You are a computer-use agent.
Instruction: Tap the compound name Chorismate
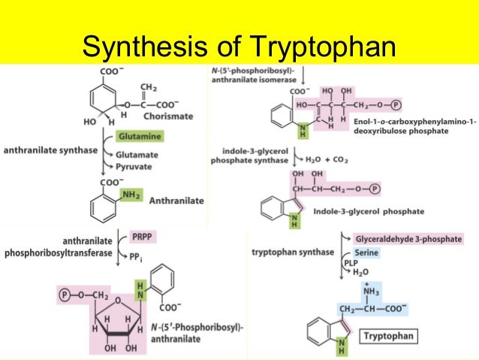coord(170,116)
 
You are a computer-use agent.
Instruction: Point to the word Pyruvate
coord(136,166)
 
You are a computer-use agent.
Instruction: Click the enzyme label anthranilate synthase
coord(51,150)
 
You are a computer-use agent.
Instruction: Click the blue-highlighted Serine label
coord(366,253)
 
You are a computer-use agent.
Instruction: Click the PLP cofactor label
coord(350,264)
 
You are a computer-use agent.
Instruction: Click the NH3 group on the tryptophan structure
coord(351,290)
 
